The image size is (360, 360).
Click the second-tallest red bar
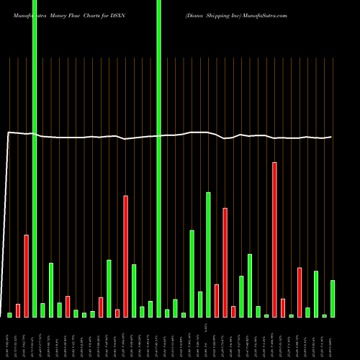click(x=125, y=256)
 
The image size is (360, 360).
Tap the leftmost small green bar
click(x=10, y=315)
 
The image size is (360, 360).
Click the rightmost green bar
click(x=333, y=299)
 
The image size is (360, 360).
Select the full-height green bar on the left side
click(x=35, y=158)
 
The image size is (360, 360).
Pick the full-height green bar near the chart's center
click(x=158, y=158)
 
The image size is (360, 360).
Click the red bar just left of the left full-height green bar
click(x=27, y=276)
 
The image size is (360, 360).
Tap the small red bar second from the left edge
click(x=18, y=310)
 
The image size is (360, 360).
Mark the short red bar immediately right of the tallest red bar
click(x=283, y=307)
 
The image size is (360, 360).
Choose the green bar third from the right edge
click(x=316, y=294)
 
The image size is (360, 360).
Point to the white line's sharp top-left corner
click(x=8, y=132)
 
